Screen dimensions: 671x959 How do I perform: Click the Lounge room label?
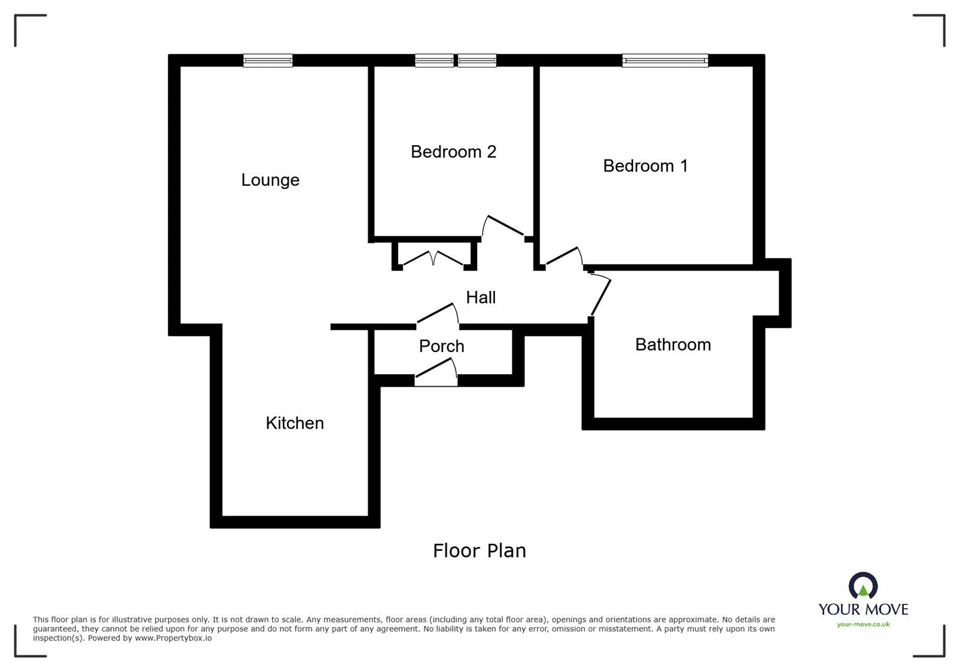click(x=270, y=180)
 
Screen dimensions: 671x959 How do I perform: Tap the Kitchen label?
click(x=295, y=423)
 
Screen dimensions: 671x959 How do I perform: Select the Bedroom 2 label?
click(x=454, y=152)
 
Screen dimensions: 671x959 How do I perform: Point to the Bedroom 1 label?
click(x=646, y=166)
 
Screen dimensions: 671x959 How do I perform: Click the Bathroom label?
click(x=673, y=345)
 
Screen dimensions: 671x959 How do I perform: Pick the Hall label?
click(x=481, y=297)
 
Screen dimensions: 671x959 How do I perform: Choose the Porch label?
click(x=442, y=346)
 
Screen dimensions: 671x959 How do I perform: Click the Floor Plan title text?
click(x=479, y=550)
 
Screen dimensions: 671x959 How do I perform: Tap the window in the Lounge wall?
click(x=268, y=60)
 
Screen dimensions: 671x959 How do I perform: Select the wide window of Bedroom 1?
click(x=665, y=60)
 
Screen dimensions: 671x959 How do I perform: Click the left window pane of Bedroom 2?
click(x=434, y=60)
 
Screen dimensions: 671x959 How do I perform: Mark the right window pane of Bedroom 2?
click(x=477, y=60)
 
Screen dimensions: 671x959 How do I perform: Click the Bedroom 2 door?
click(x=505, y=225)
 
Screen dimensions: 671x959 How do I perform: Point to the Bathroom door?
click(x=601, y=296)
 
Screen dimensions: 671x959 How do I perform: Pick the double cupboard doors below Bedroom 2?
click(x=433, y=258)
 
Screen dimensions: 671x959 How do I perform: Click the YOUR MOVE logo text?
click(x=863, y=609)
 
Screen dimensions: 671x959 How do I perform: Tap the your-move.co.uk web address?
click(x=863, y=624)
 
